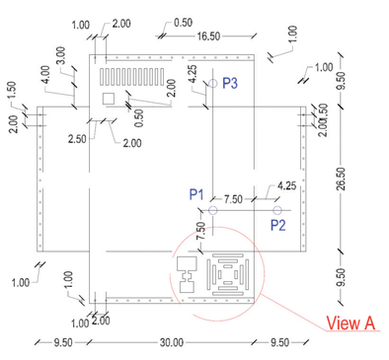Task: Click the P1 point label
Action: pos(196,194)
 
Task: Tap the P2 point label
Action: pos(278,225)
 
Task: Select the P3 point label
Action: pos(230,83)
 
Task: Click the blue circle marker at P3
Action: pos(213,83)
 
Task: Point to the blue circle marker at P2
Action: pos(277,210)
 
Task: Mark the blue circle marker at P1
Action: pos(213,210)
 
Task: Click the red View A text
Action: pos(350,323)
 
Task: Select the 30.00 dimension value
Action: pos(172,342)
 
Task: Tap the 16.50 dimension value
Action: pos(208,36)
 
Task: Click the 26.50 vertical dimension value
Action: pos(342,179)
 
